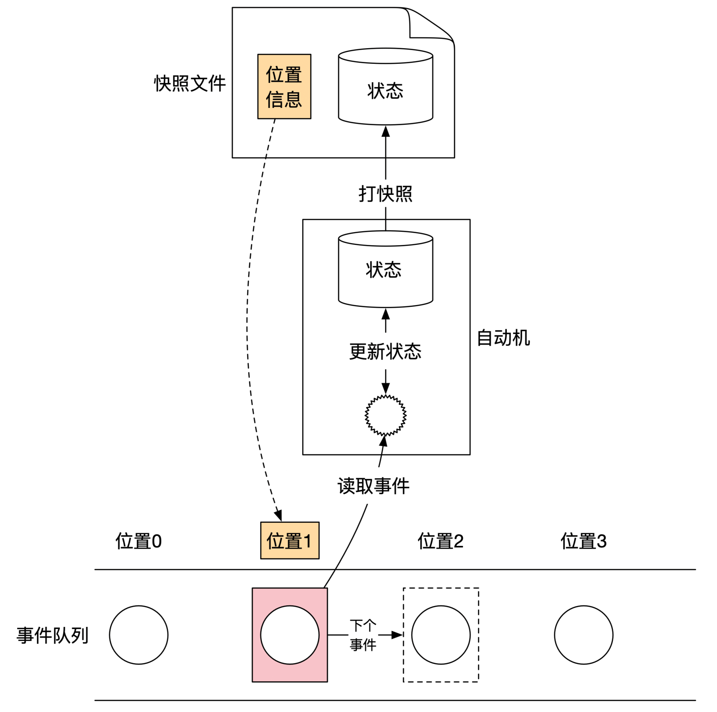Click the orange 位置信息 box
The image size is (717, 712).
(x=284, y=87)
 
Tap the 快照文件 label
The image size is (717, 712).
(x=190, y=83)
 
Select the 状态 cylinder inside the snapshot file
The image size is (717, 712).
(x=385, y=90)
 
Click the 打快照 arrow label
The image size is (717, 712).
(x=385, y=194)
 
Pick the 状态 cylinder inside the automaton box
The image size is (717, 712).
(x=385, y=270)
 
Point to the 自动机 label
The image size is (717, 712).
(x=503, y=338)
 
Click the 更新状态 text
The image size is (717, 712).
(x=385, y=351)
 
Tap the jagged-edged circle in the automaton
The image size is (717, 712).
(x=385, y=415)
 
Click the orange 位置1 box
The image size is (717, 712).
(x=290, y=541)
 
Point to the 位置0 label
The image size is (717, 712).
(x=139, y=541)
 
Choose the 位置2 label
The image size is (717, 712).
(x=441, y=541)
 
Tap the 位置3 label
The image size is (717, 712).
(x=583, y=541)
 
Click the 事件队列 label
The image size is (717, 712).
(x=53, y=635)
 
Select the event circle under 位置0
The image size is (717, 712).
(x=139, y=635)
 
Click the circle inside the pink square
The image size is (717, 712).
(x=290, y=635)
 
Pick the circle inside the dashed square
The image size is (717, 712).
(x=441, y=635)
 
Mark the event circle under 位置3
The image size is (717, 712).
(x=583, y=635)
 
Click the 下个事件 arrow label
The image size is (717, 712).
(x=363, y=635)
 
